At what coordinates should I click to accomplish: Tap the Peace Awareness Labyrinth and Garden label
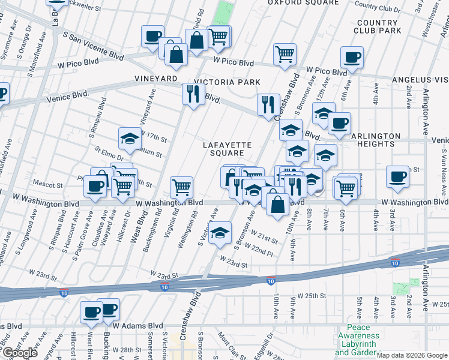click(x=358, y=344)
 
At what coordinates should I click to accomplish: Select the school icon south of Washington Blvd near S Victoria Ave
click(x=220, y=233)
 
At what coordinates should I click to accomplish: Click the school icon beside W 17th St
click(x=130, y=139)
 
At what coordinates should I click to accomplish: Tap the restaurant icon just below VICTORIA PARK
click(x=193, y=94)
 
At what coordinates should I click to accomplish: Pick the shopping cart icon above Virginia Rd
click(x=181, y=187)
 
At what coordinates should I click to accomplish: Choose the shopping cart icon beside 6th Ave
click(x=346, y=188)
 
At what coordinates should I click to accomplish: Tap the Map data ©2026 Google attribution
click(x=412, y=355)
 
